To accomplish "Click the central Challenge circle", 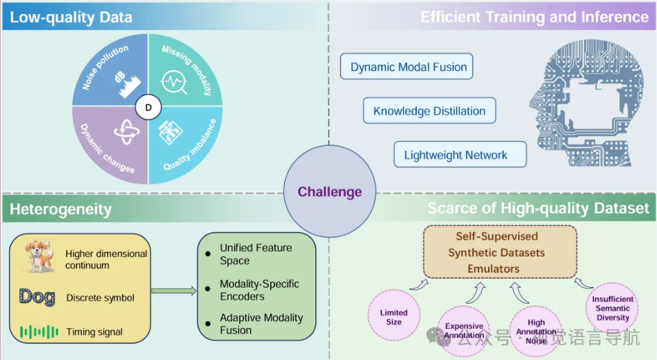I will [x=330, y=191].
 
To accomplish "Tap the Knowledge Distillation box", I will [x=429, y=111].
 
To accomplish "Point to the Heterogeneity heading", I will [x=60, y=209].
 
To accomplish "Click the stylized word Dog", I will [x=38, y=297].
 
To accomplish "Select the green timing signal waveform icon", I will [x=38, y=332].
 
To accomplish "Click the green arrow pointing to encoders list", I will [x=173, y=290].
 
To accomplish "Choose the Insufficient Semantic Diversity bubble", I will [x=612, y=309].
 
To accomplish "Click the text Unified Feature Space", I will [x=256, y=254].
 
